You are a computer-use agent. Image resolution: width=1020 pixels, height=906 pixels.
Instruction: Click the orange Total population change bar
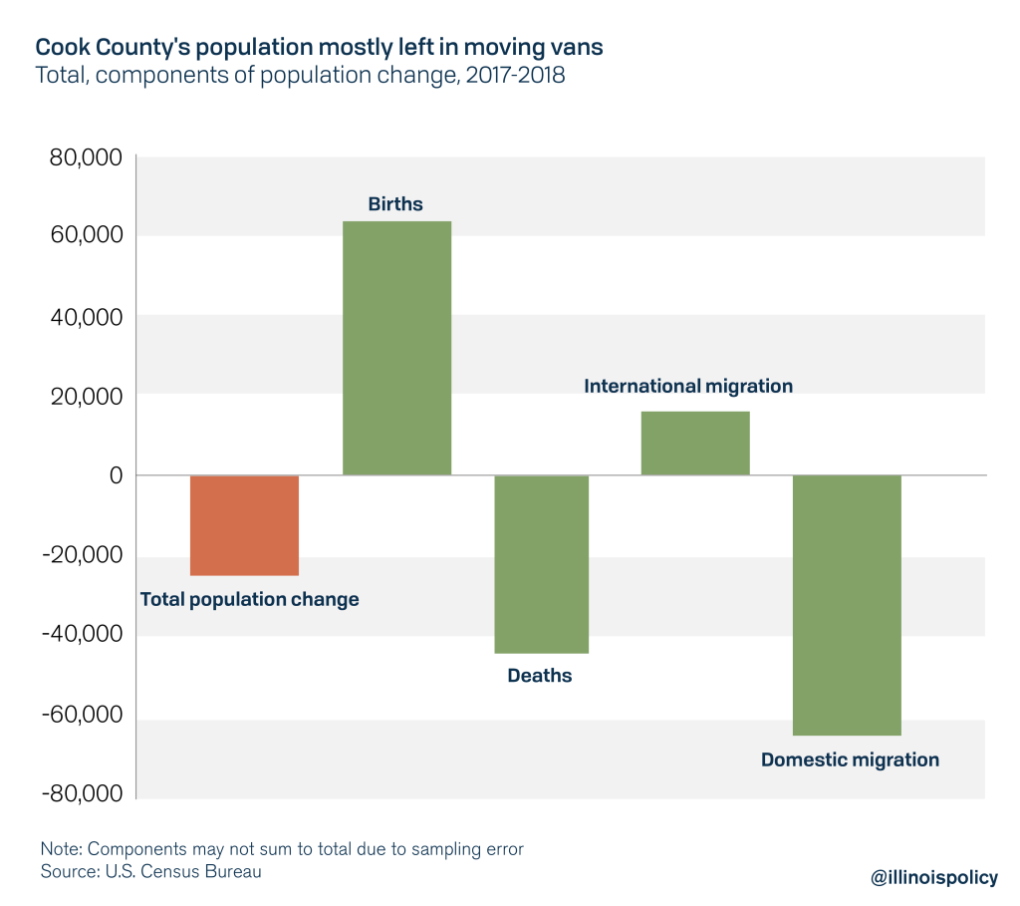pyautogui.click(x=244, y=525)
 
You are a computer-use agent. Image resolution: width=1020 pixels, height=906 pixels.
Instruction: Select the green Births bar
pyautogui.click(x=396, y=347)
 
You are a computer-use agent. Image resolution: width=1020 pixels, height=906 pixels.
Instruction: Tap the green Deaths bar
pyautogui.click(x=541, y=564)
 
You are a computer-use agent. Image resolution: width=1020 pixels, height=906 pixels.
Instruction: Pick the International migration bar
pyautogui.click(x=694, y=443)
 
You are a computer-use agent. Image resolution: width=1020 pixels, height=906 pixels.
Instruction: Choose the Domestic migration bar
pyautogui.click(x=847, y=605)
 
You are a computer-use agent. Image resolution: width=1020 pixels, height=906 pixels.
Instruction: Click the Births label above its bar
pyautogui.click(x=395, y=204)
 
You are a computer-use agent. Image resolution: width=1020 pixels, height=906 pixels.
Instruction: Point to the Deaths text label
pyautogui.click(x=540, y=676)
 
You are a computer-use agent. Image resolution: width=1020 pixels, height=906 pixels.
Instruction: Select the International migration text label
pyautogui.click(x=688, y=386)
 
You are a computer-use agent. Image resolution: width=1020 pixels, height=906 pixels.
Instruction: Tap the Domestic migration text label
pyautogui.click(x=850, y=759)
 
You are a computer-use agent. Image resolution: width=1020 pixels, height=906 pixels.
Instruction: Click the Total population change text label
pyautogui.click(x=249, y=599)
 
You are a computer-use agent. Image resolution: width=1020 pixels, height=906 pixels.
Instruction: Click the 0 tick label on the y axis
pyautogui.click(x=115, y=475)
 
